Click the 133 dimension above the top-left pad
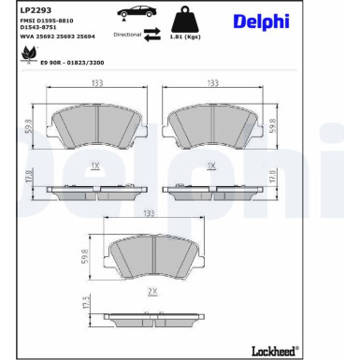(96, 82)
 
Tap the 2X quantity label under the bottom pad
(154, 291)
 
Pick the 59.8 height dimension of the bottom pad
(87, 255)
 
